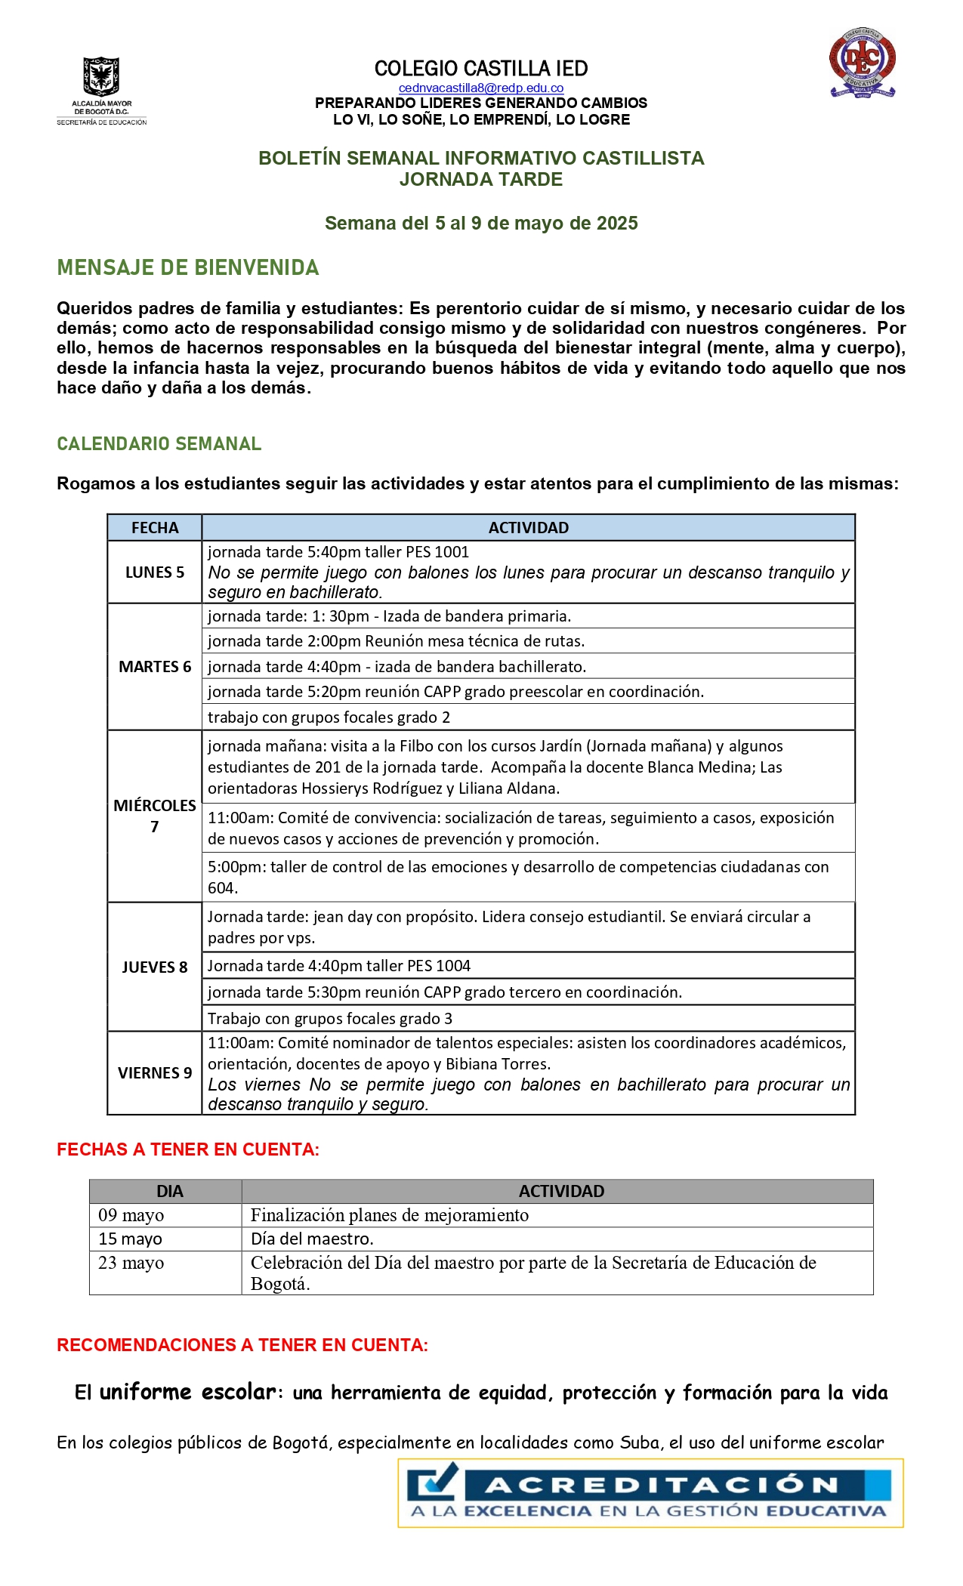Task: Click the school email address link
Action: click(481, 88)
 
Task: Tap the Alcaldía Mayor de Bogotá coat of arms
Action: click(101, 77)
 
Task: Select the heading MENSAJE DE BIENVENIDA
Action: click(188, 267)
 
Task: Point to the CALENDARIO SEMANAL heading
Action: click(159, 443)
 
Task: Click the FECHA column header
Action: click(155, 527)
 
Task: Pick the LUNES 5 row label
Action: click(155, 572)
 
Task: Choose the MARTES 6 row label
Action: click(155, 666)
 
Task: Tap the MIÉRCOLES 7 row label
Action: click(155, 816)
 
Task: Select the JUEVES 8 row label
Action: click(155, 967)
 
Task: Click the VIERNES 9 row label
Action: click(155, 1072)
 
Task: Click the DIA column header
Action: click(169, 1191)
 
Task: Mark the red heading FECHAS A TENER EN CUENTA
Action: click(188, 1149)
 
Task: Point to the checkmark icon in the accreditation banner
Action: click(434, 1482)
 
